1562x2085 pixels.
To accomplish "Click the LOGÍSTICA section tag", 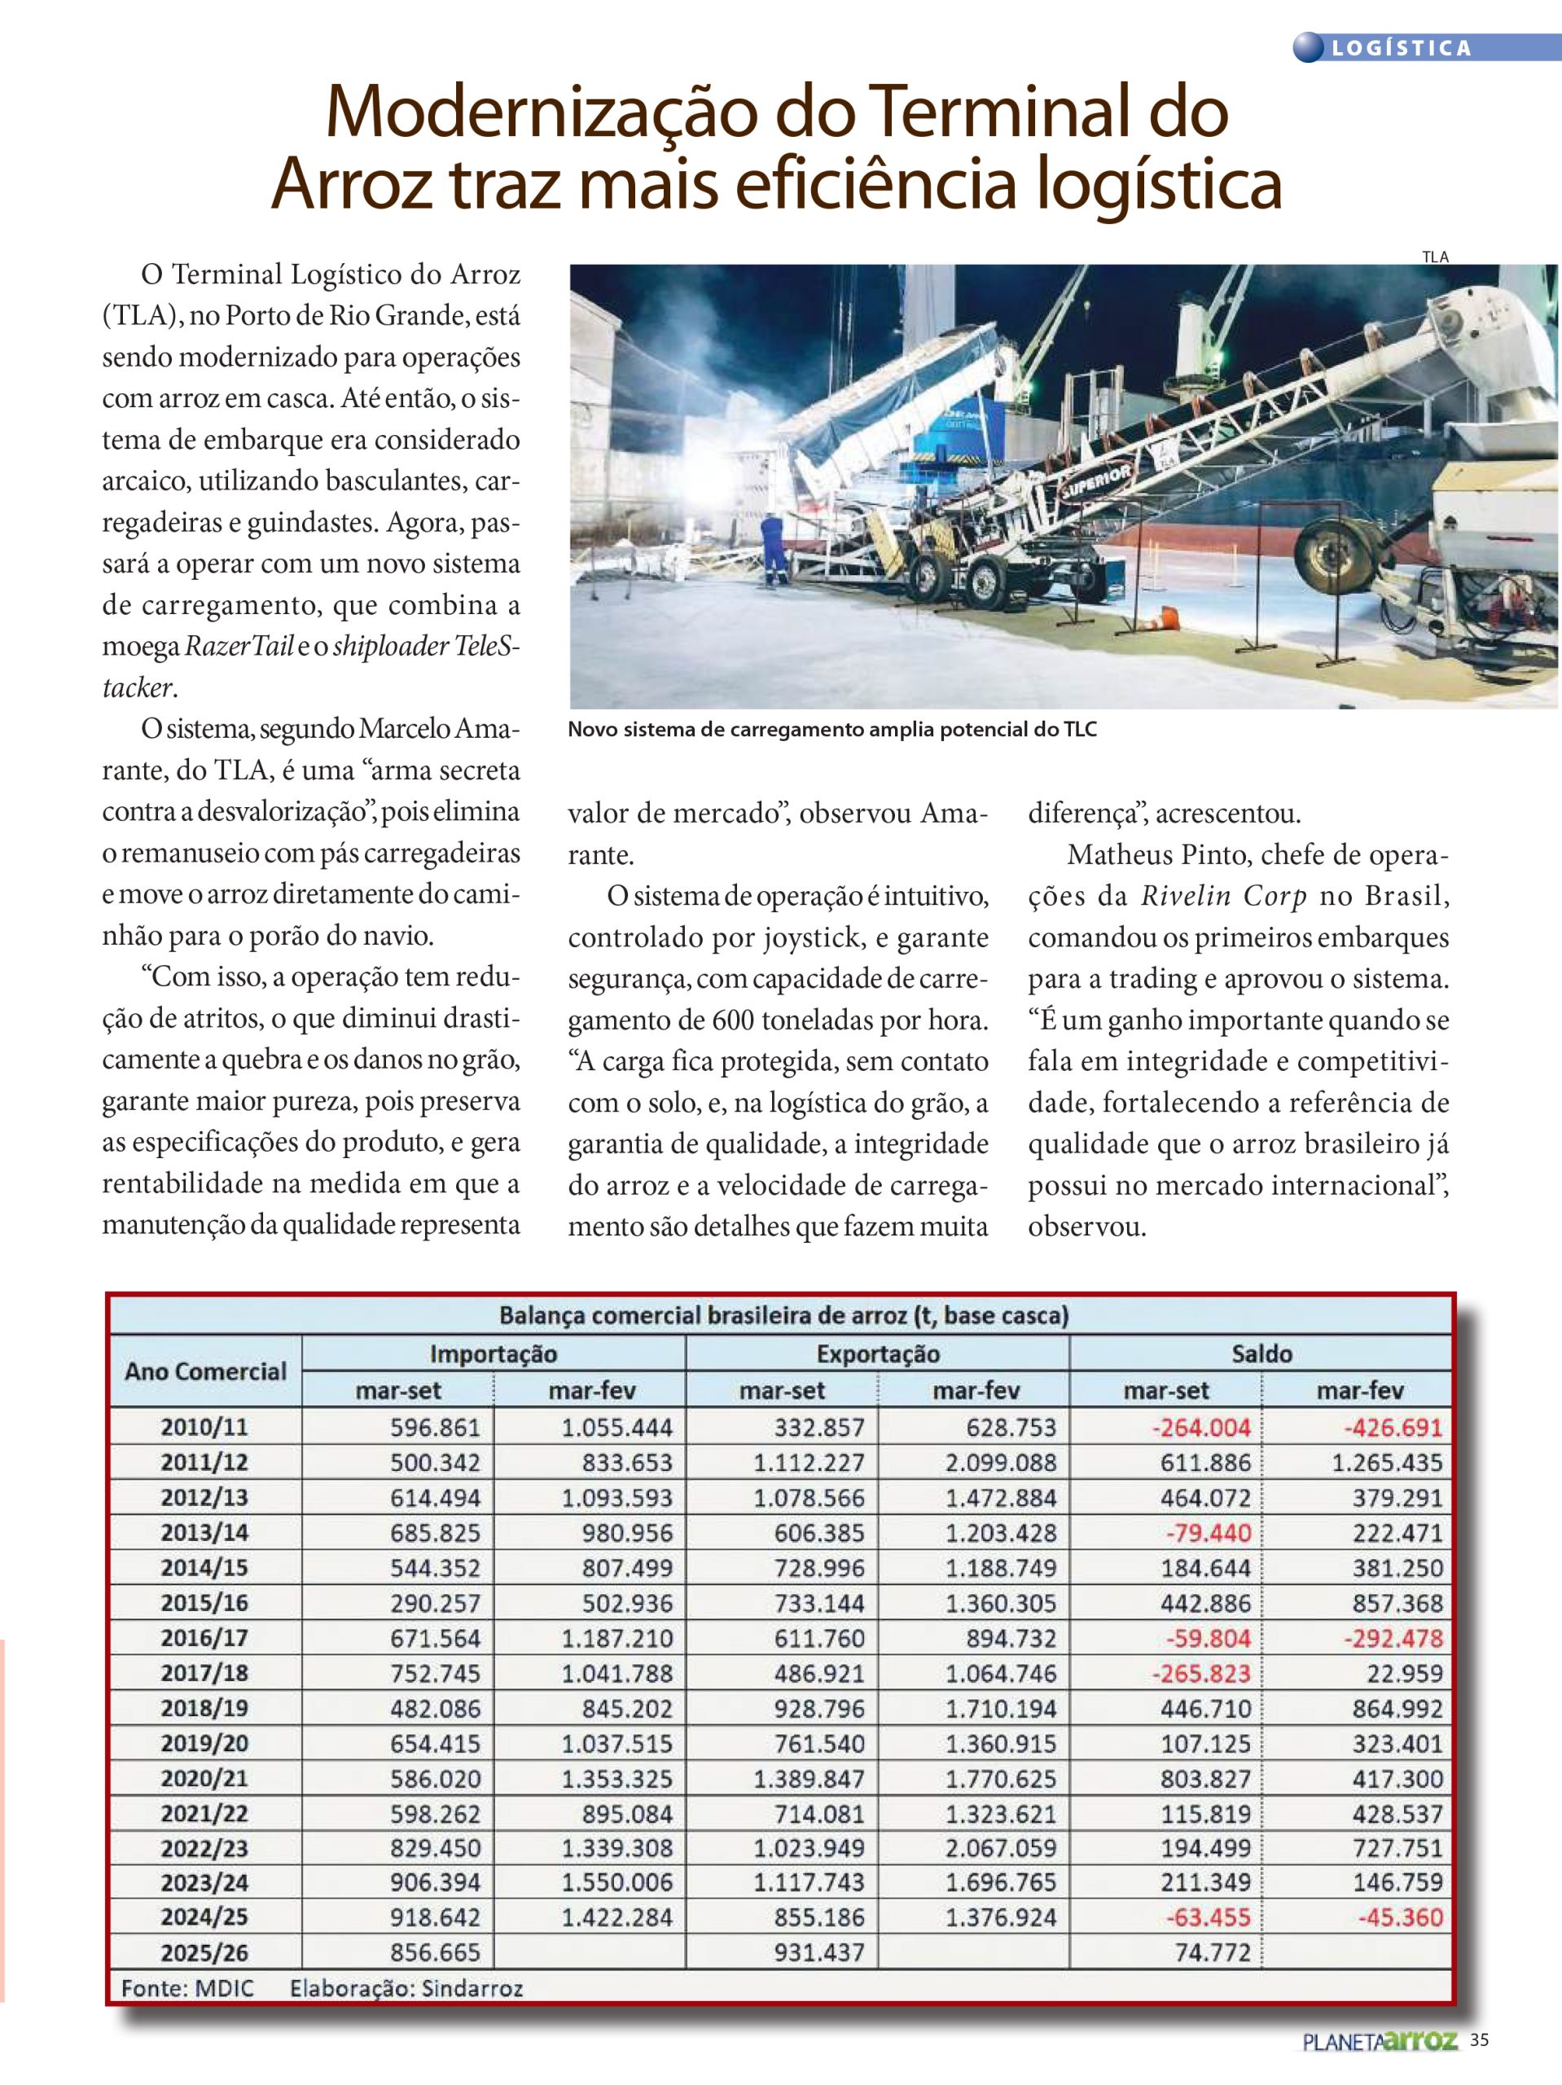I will click(x=1401, y=48).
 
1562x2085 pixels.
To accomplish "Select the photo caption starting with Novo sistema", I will click(x=831, y=730).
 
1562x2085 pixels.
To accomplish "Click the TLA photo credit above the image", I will click(x=1435, y=257).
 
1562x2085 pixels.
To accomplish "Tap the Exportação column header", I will click(x=878, y=1354).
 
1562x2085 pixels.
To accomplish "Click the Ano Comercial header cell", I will click(x=205, y=1371).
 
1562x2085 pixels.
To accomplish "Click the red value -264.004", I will click(x=1201, y=1427).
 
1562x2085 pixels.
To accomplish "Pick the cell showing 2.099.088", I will click(x=1001, y=1462).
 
